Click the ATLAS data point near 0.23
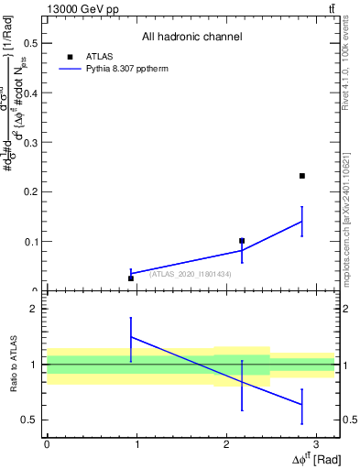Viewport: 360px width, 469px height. tap(302, 176)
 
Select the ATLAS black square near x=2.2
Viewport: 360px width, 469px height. tap(242, 241)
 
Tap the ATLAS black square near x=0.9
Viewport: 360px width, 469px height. tap(131, 278)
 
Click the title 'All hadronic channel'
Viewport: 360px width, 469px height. tap(191, 38)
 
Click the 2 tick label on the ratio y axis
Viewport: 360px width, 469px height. tap(34, 310)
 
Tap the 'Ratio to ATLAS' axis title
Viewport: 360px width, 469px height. tap(16, 365)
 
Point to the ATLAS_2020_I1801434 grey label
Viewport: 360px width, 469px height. tap(190, 274)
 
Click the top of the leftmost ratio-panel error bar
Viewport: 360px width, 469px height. tap(131, 318)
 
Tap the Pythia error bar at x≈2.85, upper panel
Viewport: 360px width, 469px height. tap(301, 221)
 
